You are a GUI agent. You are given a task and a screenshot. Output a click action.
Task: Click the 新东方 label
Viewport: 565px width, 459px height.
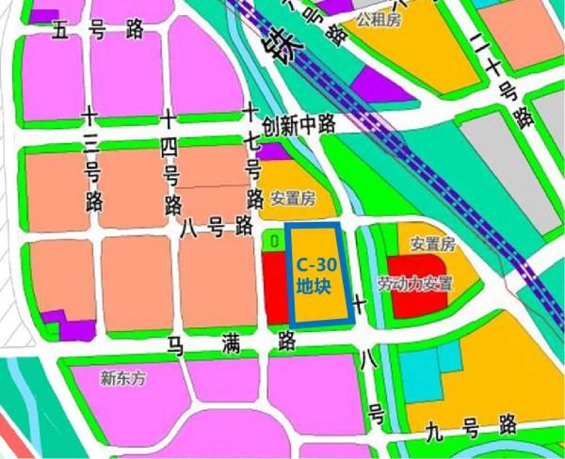tap(125, 379)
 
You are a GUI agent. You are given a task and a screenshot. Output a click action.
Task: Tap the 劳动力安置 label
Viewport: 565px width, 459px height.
tap(415, 282)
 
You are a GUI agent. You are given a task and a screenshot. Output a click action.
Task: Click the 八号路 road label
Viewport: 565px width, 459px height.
tap(216, 226)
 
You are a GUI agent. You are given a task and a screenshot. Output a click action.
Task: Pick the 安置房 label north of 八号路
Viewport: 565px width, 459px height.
tap(291, 198)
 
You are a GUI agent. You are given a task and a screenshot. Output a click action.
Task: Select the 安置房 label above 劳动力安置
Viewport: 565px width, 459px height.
tap(432, 245)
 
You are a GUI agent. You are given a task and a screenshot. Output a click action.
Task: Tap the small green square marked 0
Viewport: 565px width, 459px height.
tap(273, 242)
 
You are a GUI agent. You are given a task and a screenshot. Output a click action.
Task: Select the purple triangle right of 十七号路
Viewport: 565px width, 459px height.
tap(272, 151)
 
